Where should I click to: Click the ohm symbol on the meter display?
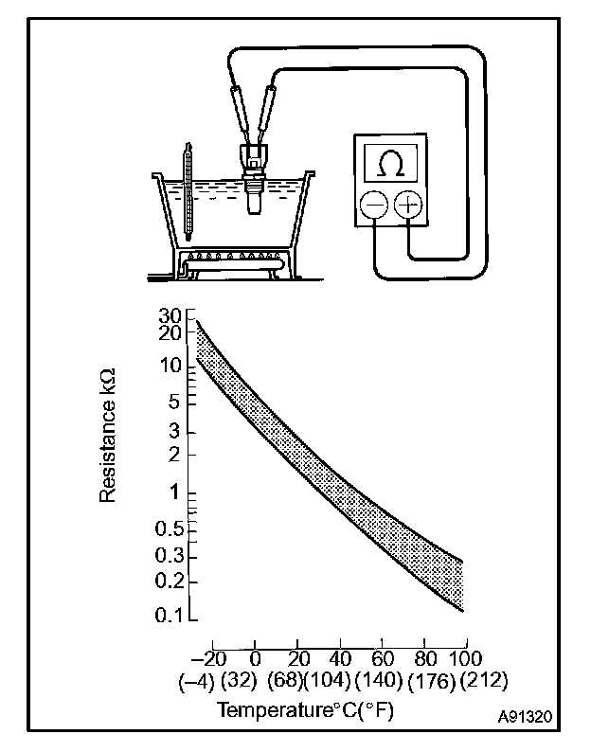pos(389,164)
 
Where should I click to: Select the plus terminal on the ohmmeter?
pos(407,205)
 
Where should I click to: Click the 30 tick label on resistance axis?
pos(170,315)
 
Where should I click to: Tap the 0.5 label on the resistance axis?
pos(167,528)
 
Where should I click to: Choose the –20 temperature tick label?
pos(209,659)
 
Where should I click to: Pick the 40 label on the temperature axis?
pos(338,659)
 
